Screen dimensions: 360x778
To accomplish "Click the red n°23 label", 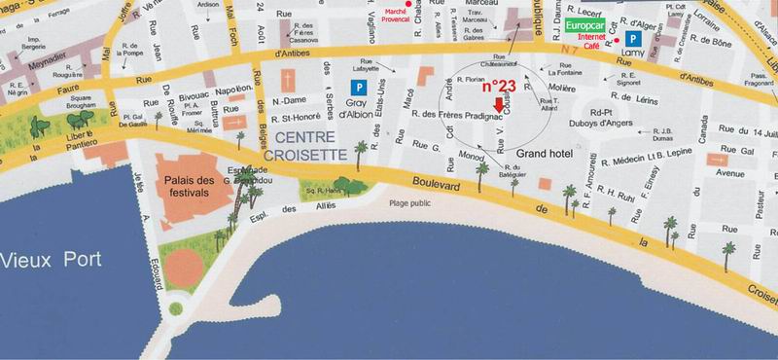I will coord(499,85).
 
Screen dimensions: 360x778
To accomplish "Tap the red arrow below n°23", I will coord(500,104).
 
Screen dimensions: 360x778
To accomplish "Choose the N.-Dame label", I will coord(289,101).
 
